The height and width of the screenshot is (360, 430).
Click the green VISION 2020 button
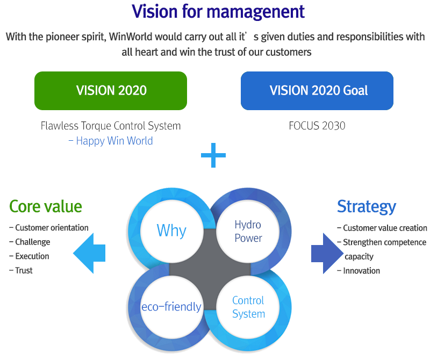[111, 90]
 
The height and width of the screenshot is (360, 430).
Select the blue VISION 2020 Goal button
[317, 90]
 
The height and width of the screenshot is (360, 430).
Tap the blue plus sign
[213, 155]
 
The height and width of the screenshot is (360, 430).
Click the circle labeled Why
[171, 231]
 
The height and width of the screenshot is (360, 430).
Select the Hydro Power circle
[248, 231]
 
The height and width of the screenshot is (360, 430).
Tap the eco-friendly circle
[171, 307]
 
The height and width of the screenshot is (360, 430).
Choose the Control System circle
[248, 307]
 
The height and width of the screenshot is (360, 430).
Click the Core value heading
[46, 206]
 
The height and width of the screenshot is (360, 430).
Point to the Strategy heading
[366, 206]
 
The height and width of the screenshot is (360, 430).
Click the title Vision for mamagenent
[218, 11]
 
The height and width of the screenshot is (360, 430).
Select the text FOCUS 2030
[317, 126]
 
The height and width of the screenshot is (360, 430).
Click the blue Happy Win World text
[114, 141]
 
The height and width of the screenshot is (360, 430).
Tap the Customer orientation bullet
[52, 228]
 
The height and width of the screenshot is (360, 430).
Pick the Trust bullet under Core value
[24, 270]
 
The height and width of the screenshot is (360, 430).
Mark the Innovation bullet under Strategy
[361, 271]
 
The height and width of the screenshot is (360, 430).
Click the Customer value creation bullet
[384, 228]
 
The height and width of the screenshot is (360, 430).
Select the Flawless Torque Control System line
[111, 126]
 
